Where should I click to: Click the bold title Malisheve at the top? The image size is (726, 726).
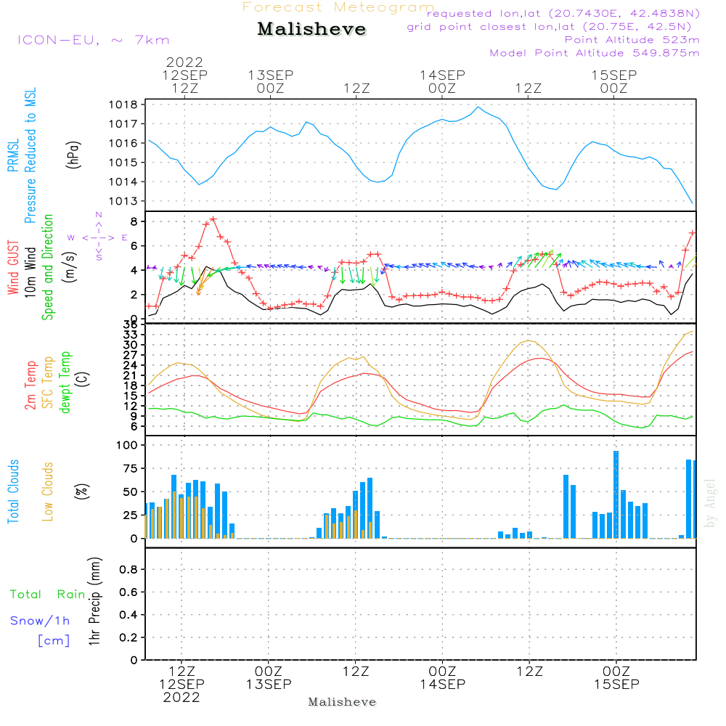(x=311, y=30)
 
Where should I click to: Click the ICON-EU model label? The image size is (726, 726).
(x=93, y=40)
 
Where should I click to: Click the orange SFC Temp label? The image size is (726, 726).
(x=48, y=382)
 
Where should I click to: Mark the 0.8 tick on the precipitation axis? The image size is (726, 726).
(x=129, y=570)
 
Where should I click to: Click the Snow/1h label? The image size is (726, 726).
(x=40, y=621)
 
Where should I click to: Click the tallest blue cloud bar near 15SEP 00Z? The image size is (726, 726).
(x=616, y=494)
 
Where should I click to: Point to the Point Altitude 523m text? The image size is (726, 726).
(x=632, y=40)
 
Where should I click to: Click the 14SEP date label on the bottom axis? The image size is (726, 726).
(x=442, y=684)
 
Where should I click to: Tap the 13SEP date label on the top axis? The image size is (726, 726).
(x=270, y=75)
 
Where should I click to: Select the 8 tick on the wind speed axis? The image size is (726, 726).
(x=134, y=221)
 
